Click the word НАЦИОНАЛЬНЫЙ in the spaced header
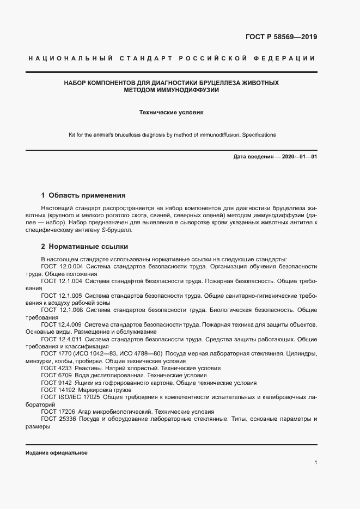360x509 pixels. [x=70, y=58]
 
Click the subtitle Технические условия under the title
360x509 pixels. [x=172, y=113]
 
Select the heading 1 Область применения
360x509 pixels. [x=83, y=195]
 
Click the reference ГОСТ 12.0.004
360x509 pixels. [x=62, y=266]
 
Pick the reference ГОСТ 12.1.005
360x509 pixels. [x=62, y=295]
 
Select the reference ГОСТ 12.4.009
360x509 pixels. [x=62, y=324]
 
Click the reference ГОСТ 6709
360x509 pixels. [x=57, y=376]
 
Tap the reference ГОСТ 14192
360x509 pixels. [x=59, y=390]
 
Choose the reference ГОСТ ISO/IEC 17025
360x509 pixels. [x=71, y=397]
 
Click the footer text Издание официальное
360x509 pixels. [x=57, y=453]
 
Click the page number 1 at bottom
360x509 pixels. [x=315, y=463]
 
